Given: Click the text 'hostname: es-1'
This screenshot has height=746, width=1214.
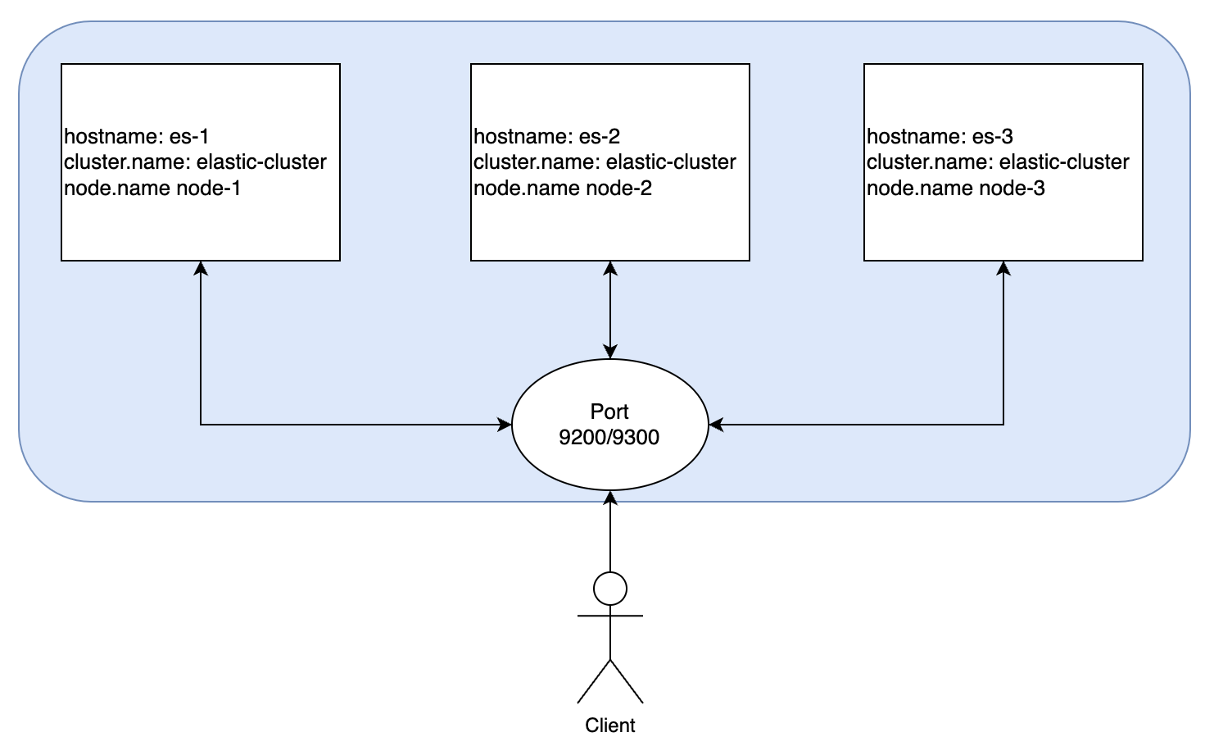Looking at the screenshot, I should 137,136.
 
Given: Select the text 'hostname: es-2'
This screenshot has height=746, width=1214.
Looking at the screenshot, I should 546,136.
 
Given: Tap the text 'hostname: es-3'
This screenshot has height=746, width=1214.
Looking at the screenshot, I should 940,136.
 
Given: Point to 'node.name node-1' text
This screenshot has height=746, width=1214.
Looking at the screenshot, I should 152,189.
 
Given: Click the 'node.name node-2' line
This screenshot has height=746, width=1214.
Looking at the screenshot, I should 563,189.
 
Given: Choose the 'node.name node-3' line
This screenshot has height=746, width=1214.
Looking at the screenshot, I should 956,189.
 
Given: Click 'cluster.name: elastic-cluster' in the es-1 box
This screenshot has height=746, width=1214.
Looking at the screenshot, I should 195,162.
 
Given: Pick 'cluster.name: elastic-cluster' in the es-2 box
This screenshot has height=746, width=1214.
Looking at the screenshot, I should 605,162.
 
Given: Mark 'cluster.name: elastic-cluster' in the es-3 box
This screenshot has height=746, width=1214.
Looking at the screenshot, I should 998,162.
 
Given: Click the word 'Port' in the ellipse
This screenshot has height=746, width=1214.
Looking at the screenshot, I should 609,412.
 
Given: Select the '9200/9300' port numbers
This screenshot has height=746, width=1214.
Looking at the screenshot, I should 609,437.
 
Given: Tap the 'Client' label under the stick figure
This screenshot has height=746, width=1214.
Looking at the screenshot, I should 610,726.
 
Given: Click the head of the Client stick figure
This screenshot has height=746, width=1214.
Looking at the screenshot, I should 610,589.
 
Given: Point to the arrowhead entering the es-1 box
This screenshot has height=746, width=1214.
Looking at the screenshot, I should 201,268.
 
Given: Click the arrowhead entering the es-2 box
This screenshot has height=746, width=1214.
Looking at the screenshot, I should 610,268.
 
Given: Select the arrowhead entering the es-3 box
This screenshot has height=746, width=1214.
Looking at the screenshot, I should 1003,268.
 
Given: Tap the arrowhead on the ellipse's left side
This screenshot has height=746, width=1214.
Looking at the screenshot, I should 505,425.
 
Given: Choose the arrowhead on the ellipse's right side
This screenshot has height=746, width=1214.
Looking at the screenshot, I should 716,425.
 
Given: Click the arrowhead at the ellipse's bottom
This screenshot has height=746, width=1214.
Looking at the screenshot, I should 610,498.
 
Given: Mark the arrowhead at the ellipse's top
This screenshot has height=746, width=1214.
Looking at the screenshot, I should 610,353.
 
